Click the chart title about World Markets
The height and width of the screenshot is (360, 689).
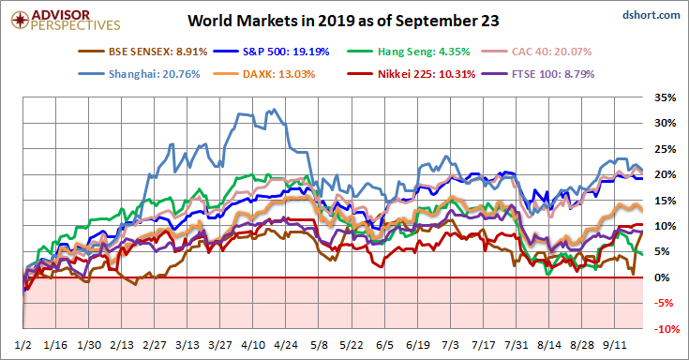pyautogui.click(x=343, y=21)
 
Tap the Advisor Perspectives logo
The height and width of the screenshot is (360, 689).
pyautogui.click(x=66, y=21)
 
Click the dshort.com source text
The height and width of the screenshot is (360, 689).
pyautogui.click(x=652, y=15)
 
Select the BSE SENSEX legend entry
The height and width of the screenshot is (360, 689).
pyautogui.click(x=142, y=52)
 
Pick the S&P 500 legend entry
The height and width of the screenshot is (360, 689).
pyautogui.click(x=272, y=52)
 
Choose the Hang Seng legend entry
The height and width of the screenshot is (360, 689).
pyautogui.click(x=409, y=52)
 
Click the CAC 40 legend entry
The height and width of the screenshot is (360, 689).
pyautogui.click(x=536, y=52)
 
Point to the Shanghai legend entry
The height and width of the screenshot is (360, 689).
pyautogui.click(x=140, y=74)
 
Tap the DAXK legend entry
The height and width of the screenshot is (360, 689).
pyautogui.click(x=264, y=74)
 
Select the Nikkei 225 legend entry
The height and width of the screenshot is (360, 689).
pyautogui.click(x=412, y=74)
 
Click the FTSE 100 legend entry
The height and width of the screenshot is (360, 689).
pyautogui.click(x=538, y=74)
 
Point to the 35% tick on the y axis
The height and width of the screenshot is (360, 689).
pyautogui.click(x=665, y=97)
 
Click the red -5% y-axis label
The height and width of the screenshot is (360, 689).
pyautogui.click(x=664, y=303)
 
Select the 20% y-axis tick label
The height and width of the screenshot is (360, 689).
pyautogui.click(x=665, y=174)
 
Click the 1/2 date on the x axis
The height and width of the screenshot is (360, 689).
pyautogui.click(x=22, y=345)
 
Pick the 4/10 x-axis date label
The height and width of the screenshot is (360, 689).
pyautogui.click(x=253, y=345)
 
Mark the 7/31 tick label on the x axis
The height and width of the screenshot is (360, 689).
pyautogui.click(x=517, y=345)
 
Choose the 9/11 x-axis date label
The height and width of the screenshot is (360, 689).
pyautogui.click(x=615, y=345)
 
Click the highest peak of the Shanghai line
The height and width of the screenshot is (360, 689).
pyautogui.click(x=275, y=109)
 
